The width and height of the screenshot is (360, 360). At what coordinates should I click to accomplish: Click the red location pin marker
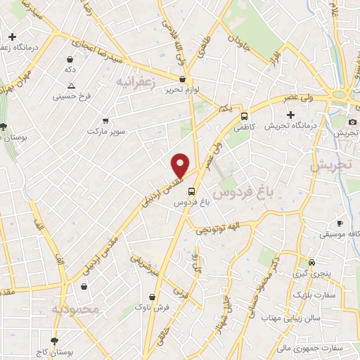pyautogui.click(x=181, y=166)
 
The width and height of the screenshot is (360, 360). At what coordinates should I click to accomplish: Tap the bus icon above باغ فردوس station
pyautogui.click(x=191, y=191)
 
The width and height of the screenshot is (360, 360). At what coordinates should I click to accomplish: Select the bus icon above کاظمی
pyautogui.click(x=244, y=117)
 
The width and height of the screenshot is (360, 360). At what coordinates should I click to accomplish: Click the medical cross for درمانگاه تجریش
pyautogui.click(x=290, y=115)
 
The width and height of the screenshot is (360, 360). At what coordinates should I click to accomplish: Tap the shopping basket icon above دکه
pyautogui.click(x=70, y=60)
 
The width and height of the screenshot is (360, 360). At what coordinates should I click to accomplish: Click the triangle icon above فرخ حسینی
pyautogui.click(x=70, y=86)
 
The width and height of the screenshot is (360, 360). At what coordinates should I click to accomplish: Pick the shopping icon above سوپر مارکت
pyautogui.click(x=105, y=120)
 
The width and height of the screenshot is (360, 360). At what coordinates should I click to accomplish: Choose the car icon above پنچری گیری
pyautogui.click(x=302, y=264)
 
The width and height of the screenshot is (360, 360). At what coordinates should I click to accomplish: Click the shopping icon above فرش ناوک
pyautogui.click(x=153, y=297)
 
